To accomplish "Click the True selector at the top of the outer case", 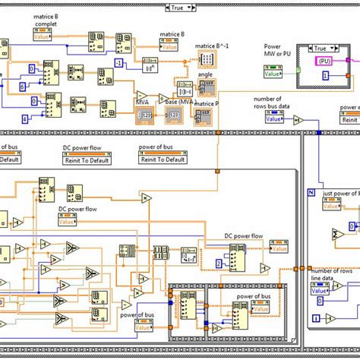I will coord(180,6).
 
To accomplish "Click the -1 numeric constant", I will coord(118,63).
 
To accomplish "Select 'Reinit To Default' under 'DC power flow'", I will coord(90,159).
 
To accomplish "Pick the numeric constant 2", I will coord(219,264).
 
